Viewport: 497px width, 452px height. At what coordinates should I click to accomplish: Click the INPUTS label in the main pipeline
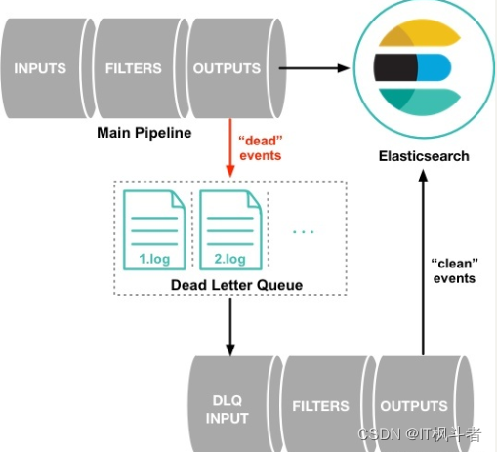40,68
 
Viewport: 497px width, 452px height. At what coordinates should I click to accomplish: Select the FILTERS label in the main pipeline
134,68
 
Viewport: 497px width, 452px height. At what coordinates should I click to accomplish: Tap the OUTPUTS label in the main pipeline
227,68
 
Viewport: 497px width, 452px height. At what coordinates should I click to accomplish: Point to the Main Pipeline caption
145,133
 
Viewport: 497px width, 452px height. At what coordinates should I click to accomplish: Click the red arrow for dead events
230,148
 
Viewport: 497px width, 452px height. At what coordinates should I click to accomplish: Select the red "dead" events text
261,148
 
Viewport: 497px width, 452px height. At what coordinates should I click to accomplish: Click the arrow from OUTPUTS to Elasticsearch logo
314,68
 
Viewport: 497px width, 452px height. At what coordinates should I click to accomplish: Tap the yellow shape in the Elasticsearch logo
420,32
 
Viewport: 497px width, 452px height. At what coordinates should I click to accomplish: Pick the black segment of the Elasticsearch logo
395,67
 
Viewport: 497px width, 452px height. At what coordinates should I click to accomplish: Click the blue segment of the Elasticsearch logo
434,67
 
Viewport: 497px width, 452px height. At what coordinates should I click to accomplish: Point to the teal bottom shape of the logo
420,102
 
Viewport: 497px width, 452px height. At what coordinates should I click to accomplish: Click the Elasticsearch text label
424,156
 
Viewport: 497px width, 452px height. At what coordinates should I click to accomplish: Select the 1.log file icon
154,230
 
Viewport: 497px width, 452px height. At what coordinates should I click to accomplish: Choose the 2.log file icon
230,230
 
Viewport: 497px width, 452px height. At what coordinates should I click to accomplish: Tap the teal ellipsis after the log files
304,232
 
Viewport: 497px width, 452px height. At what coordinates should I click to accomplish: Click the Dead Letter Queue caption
236,285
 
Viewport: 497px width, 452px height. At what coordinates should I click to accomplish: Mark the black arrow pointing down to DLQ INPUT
230,327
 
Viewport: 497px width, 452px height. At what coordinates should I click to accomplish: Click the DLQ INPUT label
228,409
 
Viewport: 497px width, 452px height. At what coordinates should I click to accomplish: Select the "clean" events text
454,270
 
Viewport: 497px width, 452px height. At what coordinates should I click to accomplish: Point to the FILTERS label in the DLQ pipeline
320,406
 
